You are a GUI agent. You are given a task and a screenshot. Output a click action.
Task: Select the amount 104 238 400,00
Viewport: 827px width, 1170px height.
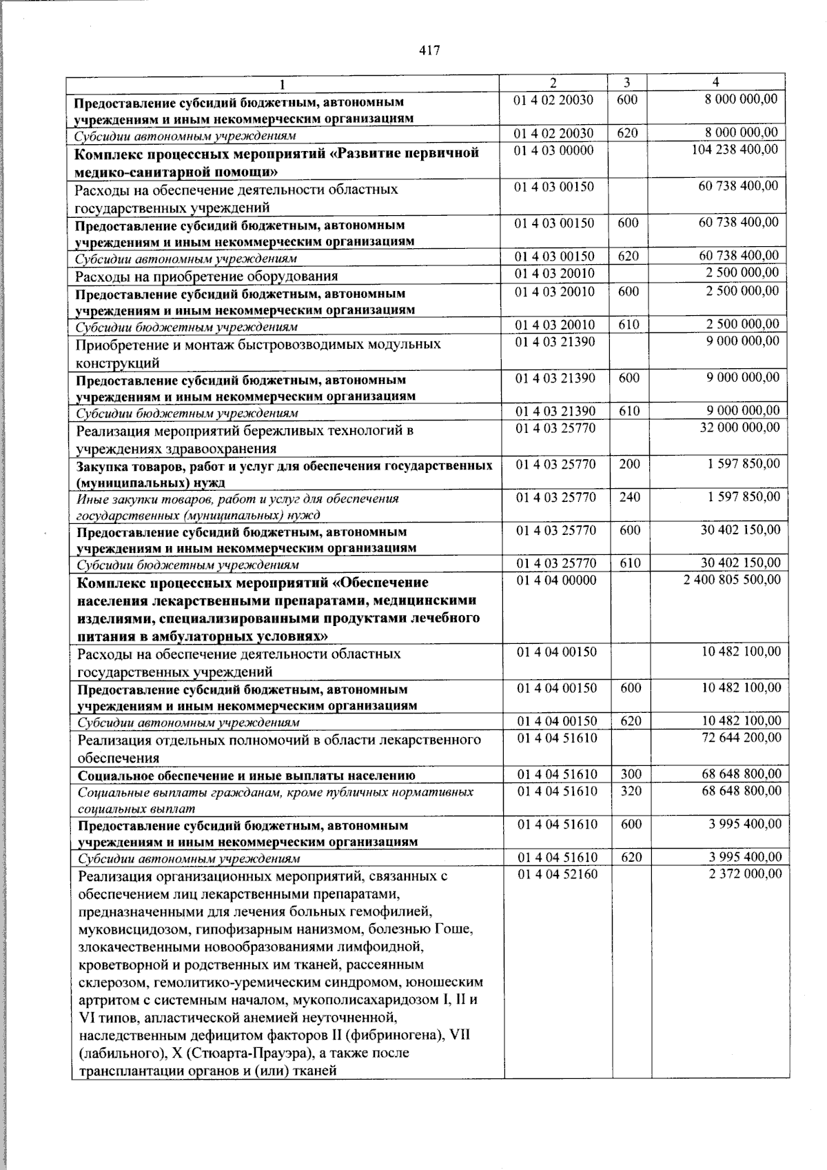pyautogui.click(x=735, y=150)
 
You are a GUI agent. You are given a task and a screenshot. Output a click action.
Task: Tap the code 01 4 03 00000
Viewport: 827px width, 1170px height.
pyautogui.click(x=554, y=150)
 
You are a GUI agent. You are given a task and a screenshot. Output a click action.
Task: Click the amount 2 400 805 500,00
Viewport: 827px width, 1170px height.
pyautogui.click(x=732, y=580)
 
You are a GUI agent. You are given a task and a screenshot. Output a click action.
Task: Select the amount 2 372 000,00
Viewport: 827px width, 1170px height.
pyautogui.click(x=744, y=874)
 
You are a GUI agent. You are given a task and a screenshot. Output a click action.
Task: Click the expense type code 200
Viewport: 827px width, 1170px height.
pyautogui.click(x=629, y=464)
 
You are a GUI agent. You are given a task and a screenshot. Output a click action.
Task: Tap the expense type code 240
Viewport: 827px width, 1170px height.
pyautogui.click(x=629, y=497)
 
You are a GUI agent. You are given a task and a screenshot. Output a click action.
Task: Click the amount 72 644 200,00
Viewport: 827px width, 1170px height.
pyautogui.click(x=740, y=738)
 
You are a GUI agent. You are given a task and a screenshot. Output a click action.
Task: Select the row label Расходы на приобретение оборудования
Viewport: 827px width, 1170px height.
pyautogui.click(x=207, y=276)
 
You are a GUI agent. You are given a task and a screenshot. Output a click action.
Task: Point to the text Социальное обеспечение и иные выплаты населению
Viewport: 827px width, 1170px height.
pyautogui.click(x=246, y=775)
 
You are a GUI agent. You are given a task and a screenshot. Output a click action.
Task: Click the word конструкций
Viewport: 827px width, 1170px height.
pyautogui.click(x=118, y=363)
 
